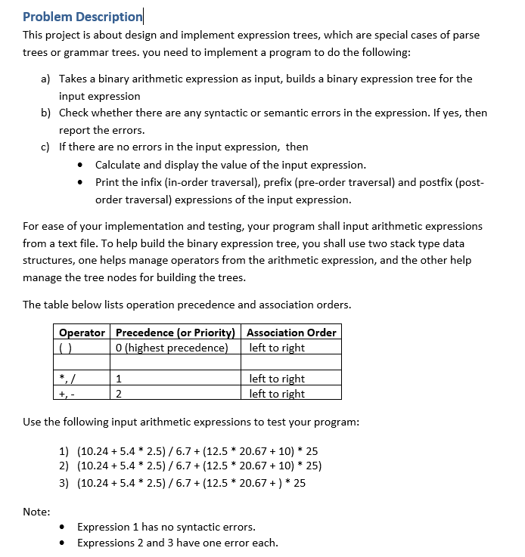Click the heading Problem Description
coord(82,16)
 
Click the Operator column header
coord(82,333)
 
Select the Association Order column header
coord(291,333)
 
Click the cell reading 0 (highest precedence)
coord(172,348)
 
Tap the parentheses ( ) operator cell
coord(64,348)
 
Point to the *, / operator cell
coord(67,379)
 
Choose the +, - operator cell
coord(67,394)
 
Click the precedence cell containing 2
coord(120,394)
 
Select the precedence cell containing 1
coord(120,379)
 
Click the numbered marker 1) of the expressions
coord(64,451)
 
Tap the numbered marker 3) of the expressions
coord(64,483)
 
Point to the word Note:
coord(36,512)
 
